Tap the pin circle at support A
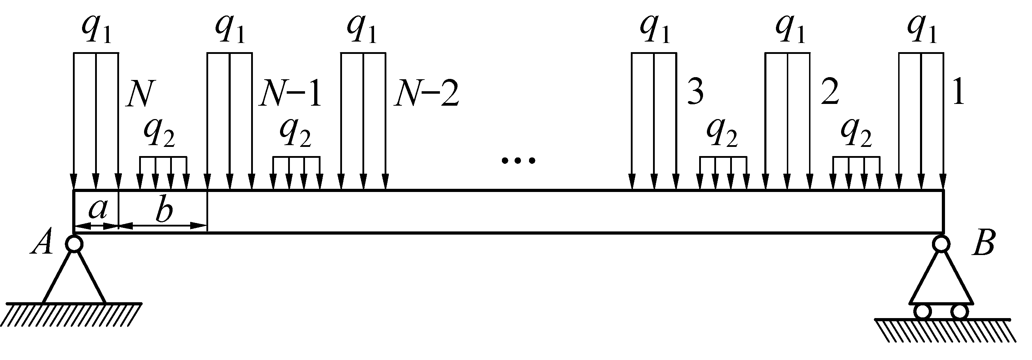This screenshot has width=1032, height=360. tap(74, 243)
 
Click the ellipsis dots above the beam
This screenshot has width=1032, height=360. tap(518, 161)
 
